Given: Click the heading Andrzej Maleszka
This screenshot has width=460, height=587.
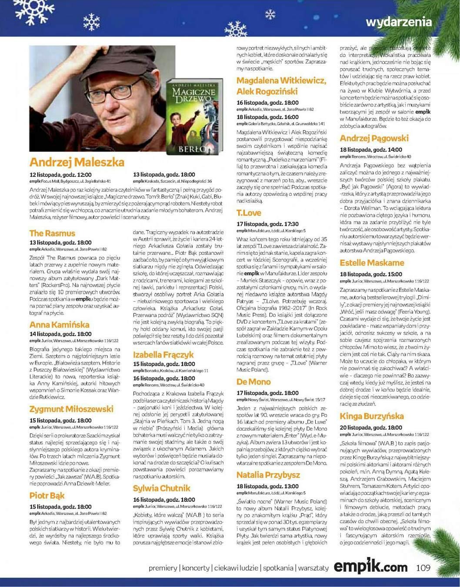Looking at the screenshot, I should [77, 162].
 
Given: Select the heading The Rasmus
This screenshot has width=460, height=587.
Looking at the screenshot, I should [52, 233].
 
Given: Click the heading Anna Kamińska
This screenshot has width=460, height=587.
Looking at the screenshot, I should [59, 324].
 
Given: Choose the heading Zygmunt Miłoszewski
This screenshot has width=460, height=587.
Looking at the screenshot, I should [71, 409].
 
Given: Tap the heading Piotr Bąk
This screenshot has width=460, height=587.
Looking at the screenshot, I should [47, 495].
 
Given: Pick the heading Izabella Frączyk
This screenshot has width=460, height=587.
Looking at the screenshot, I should [163, 354].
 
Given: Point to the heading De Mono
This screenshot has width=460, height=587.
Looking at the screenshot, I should [253, 382].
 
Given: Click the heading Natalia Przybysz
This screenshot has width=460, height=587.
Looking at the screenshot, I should [268, 474].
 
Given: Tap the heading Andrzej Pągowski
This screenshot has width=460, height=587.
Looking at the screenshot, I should [374, 138].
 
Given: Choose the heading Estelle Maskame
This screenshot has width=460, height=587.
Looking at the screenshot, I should [372, 263].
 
